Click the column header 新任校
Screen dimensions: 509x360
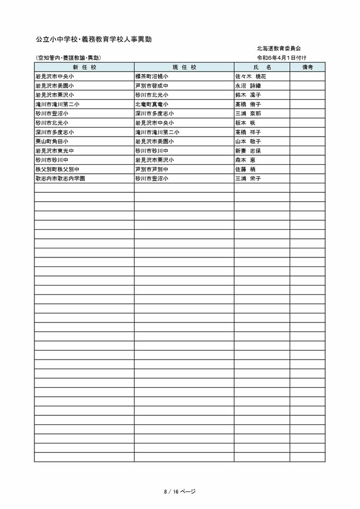[x=84, y=67]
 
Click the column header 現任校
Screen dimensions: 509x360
[x=184, y=67]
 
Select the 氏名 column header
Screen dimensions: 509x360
[x=262, y=67]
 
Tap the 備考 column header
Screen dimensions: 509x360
[x=308, y=67]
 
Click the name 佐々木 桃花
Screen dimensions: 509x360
[x=250, y=77]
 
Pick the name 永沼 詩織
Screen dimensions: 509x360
[x=248, y=86]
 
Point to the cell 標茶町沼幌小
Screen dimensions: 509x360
[x=152, y=77]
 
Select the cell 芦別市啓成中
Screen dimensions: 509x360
[x=152, y=86]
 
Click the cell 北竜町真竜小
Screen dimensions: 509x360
[x=152, y=104]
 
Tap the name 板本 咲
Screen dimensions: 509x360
[x=245, y=123]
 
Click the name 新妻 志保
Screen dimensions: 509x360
[x=248, y=150]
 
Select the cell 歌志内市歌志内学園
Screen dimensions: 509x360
[x=60, y=178]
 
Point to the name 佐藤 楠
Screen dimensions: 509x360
[x=245, y=169]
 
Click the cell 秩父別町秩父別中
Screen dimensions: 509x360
[x=58, y=169]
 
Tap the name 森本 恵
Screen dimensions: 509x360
[x=245, y=160]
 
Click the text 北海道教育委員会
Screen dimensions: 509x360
[x=279, y=48]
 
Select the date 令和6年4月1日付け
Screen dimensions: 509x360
[x=282, y=57]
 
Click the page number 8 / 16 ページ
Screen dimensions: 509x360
[x=179, y=492]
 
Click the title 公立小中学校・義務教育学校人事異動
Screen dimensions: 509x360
[x=94, y=40]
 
